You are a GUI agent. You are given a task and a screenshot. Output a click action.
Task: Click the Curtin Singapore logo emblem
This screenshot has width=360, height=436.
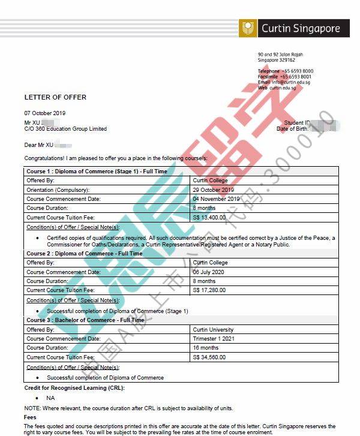click(248, 28)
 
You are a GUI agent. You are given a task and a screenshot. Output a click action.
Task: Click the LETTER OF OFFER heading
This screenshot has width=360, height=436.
click(55, 97)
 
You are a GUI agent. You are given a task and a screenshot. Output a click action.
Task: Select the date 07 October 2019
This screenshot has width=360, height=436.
click(45, 113)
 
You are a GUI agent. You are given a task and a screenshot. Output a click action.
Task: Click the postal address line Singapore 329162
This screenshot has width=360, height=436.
click(277, 60)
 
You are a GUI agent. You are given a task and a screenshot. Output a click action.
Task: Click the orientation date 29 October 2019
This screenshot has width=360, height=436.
click(212, 190)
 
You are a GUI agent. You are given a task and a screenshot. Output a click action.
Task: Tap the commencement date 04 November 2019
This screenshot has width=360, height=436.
click(216, 199)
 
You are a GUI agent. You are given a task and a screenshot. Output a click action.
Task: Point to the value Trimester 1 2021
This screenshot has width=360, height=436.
click(213, 339)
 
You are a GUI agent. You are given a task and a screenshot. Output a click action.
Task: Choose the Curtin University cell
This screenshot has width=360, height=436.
click(213, 330)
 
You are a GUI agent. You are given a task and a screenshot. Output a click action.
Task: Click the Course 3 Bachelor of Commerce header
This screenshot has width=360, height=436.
click(85, 320)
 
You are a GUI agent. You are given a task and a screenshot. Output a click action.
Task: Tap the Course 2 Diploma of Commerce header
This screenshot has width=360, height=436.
click(85, 254)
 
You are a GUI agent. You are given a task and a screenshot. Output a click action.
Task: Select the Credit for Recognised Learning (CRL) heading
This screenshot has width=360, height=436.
click(74, 389)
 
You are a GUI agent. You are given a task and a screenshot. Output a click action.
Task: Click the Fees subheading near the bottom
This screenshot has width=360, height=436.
click(30, 417)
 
